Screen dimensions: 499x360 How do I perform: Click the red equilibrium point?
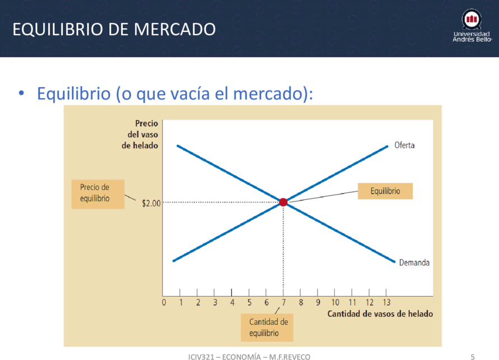click(283, 202)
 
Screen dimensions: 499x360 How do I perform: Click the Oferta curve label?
click(404, 146)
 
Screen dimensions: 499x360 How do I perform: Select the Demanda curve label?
click(414, 263)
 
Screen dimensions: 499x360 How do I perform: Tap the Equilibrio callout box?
click(385, 191)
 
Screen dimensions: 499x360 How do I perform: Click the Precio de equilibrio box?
click(97, 194)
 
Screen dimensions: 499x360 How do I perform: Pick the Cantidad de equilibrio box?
click(267, 328)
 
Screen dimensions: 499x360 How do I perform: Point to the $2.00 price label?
click(151, 203)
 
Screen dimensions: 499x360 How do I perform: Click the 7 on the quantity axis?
click(283, 302)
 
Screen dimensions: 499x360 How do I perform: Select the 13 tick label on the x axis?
click(386, 302)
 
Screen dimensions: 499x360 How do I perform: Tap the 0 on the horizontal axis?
click(164, 302)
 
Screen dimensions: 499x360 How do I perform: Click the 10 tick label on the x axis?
click(335, 302)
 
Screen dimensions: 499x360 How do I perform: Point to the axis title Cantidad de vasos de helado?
click(380, 314)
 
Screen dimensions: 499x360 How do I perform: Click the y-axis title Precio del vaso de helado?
click(140, 134)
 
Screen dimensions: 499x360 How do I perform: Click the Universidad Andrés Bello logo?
click(472, 26)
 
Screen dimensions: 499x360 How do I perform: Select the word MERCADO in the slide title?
click(175, 29)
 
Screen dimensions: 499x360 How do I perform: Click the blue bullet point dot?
click(21, 93)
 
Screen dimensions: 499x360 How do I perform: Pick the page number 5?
click(473, 357)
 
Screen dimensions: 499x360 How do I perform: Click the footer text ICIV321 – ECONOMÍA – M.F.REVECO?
click(249, 357)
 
